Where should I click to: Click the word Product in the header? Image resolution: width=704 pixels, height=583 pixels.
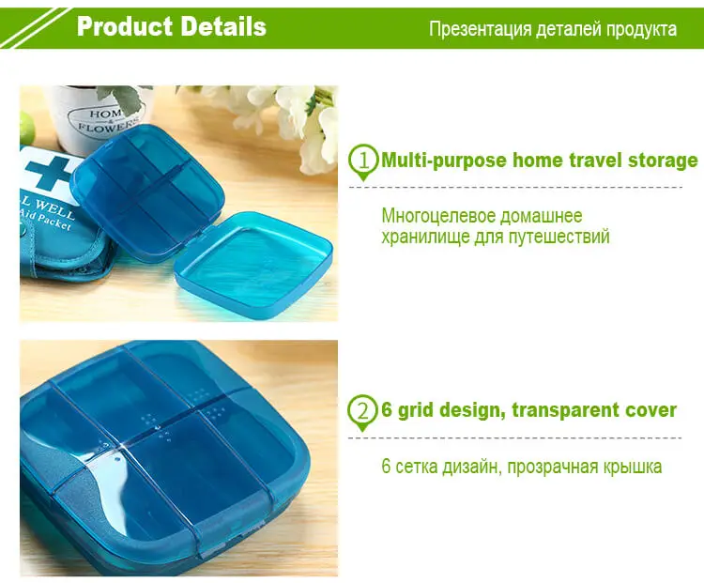[x=125, y=26]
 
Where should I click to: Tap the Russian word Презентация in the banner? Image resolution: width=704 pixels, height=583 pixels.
[x=481, y=29]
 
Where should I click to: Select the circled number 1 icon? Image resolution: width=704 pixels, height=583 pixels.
[x=363, y=161]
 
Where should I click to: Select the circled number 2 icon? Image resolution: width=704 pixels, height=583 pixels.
[x=362, y=411]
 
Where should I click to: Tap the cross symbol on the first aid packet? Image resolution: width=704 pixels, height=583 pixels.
[x=48, y=174]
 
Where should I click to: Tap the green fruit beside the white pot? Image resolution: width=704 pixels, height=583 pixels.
[x=27, y=127]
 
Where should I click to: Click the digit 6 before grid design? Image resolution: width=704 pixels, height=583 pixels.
[x=387, y=409]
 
